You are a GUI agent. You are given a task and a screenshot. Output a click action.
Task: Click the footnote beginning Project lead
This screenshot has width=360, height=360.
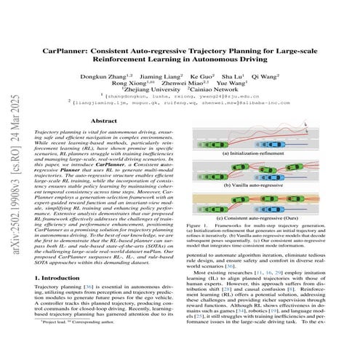(x=73, y=340)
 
